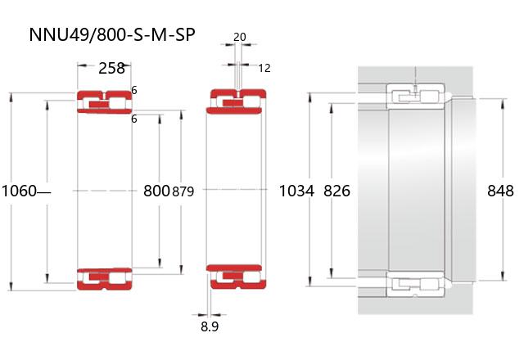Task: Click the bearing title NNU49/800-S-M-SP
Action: click(x=112, y=34)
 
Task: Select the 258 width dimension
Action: click(x=111, y=68)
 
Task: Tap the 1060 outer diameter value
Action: click(x=19, y=191)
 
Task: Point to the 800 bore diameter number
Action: click(x=156, y=191)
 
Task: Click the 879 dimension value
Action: click(x=183, y=191)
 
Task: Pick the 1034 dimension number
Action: click(x=296, y=191)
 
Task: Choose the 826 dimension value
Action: click(x=337, y=191)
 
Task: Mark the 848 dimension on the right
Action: click(x=500, y=191)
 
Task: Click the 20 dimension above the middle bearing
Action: click(x=239, y=37)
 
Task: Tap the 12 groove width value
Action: click(x=264, y=68)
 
